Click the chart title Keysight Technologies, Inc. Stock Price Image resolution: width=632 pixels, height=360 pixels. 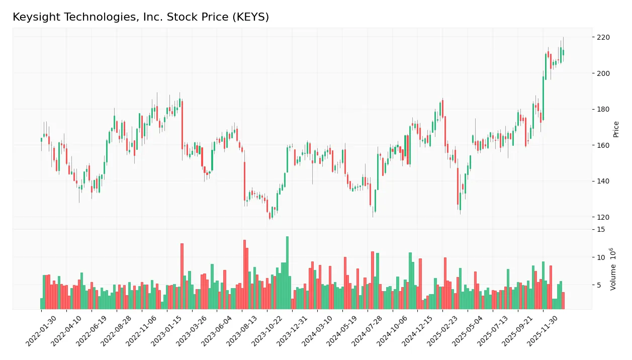141,17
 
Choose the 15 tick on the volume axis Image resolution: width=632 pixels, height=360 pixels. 600,229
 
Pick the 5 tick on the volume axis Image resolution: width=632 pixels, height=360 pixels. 598,285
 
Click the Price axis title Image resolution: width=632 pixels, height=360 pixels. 616,129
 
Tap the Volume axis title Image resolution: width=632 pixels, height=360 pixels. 613,269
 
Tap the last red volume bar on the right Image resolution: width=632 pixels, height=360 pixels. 563,301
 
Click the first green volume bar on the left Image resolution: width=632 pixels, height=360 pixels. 42,304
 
